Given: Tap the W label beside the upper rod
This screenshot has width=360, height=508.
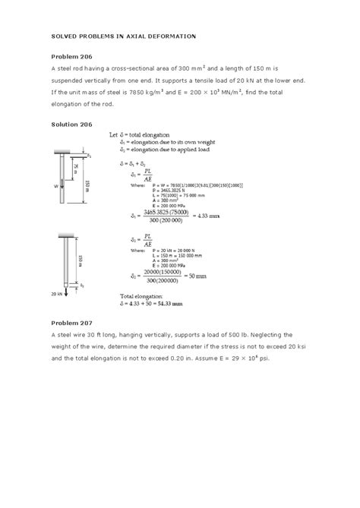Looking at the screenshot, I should coord(55,184).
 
